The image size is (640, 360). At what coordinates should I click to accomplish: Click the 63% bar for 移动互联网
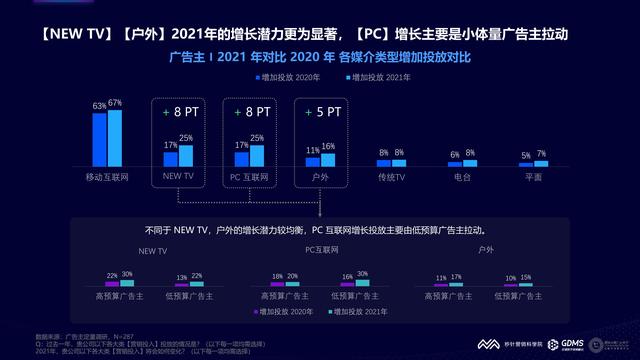[99, 139]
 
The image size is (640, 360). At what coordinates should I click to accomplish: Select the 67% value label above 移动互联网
[115, 104]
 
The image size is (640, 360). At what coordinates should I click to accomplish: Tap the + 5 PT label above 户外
[320, 113]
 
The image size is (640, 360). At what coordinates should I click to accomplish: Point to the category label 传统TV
[390, 177]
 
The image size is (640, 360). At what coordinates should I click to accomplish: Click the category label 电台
[461, 177]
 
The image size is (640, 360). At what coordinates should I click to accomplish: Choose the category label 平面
[533, 177]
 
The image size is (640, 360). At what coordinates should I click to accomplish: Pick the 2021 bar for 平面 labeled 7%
[541, 163]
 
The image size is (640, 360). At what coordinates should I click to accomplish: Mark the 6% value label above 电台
[455, 154]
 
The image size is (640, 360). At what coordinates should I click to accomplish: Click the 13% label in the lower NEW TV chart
[183, 277]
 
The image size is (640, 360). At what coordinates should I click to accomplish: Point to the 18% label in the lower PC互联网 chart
[277, 276]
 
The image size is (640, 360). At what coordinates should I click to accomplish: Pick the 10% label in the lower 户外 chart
[511, 278]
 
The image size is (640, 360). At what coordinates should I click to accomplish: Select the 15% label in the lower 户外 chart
[526, 276]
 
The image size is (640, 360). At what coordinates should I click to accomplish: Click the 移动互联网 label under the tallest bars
[107, 177]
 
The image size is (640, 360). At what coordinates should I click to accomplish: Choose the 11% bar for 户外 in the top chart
[313, 161]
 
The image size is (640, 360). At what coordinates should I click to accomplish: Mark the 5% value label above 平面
[526, 155]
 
